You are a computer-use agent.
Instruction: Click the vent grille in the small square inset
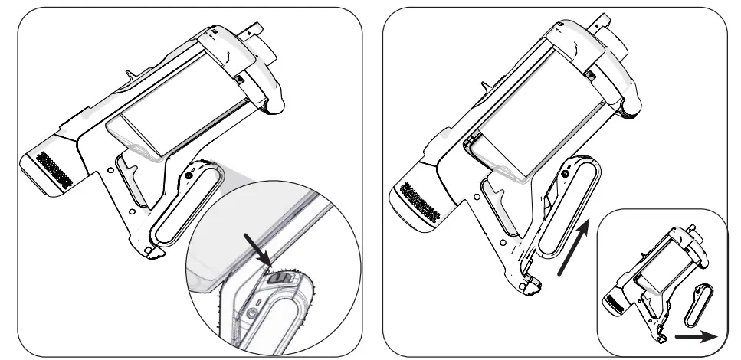[x=614, y=305]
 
